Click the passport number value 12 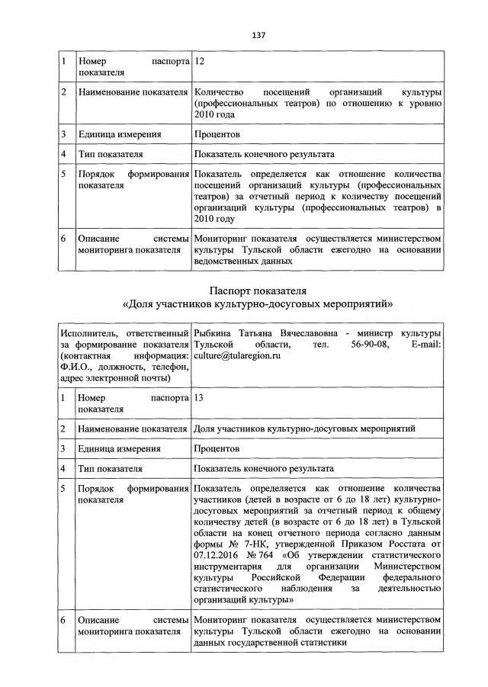[x=200, y=60]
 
